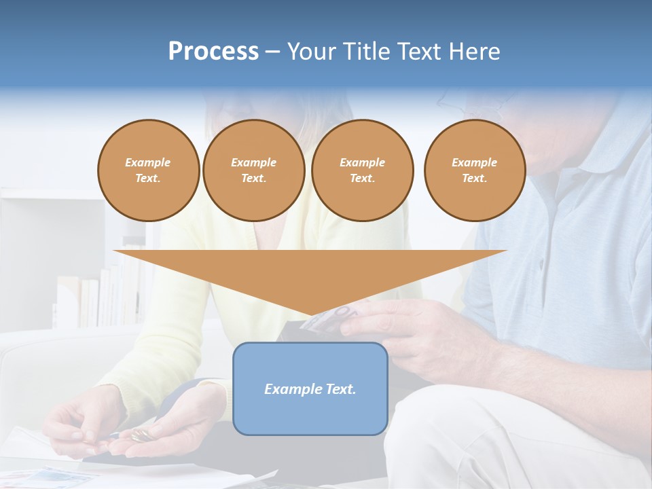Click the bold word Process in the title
pyautogui.click(x=213, y=52)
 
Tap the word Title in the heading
pyautogui.click(x=366, y=52)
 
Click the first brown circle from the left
pyautogui.click(x=149, y=170)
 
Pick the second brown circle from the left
pyautogui.click(x=254, y=170)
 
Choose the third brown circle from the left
pyautogui.click(x=363, y=170)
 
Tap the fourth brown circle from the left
pyautogui.click(x=475, y=170)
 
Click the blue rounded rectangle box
pyautogui.click(x=310, y=388)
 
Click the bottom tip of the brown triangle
pyautogui.click(x=311, y=314)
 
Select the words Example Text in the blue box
pyautogui.click(x=310, y=389)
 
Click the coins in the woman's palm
pyautogui.click(x=141, y=435)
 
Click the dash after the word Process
pyautogui.click(x=272, y=52)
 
